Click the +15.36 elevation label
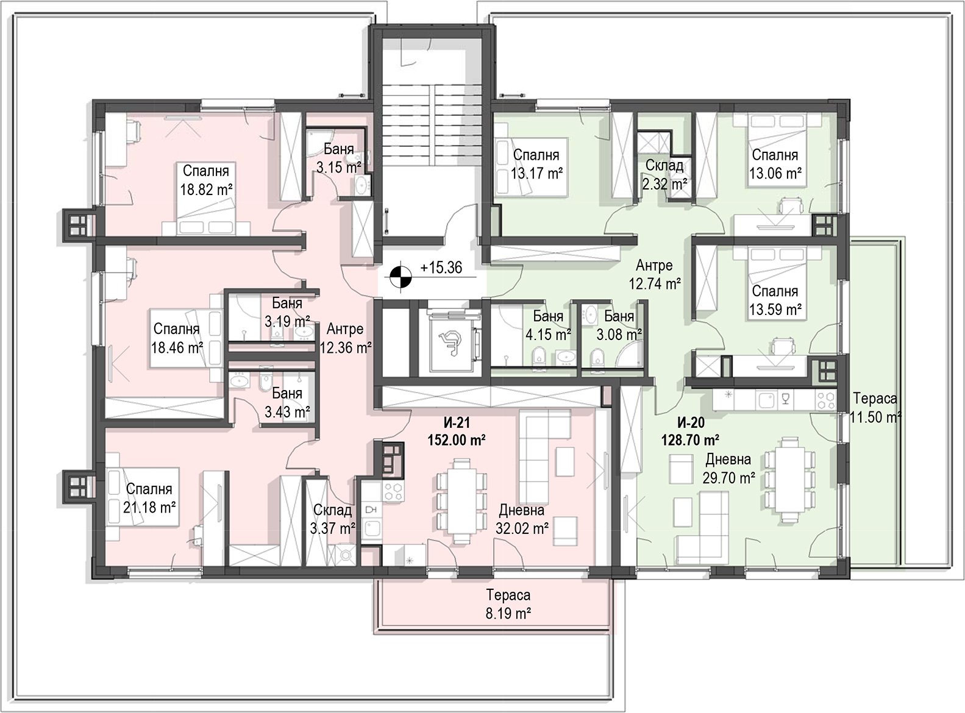click(x=441, y=268)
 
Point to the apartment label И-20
click(x=691, y=422)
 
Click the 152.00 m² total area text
click(x=457, y=440)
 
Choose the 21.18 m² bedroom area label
click(x=149, y=507)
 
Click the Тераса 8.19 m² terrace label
click(x=508, y=604)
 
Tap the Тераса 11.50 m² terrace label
click(x=875, y=408)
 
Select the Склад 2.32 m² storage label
click(x=664, y=174)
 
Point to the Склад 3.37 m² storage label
click(x=332, y=519)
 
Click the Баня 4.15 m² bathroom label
click(x=548, y=325)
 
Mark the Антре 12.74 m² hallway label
click(x=654, y=274)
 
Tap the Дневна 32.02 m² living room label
click(x=522, y=519)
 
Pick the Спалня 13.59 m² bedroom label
click(x=775, y=300)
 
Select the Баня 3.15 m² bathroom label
click(x=338, y=158)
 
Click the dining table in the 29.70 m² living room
click(x=789, y=480)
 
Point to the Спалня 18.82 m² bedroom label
click(x=206, y=180)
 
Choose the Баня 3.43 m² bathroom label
click(x=287, y=402)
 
